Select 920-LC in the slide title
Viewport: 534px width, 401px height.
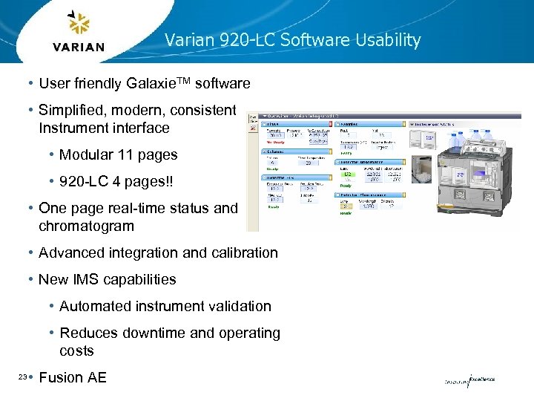245,40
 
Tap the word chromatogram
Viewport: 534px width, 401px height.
86,226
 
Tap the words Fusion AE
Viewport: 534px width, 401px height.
73,377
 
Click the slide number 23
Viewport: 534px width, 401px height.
22,377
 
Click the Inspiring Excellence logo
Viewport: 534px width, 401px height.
469,380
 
